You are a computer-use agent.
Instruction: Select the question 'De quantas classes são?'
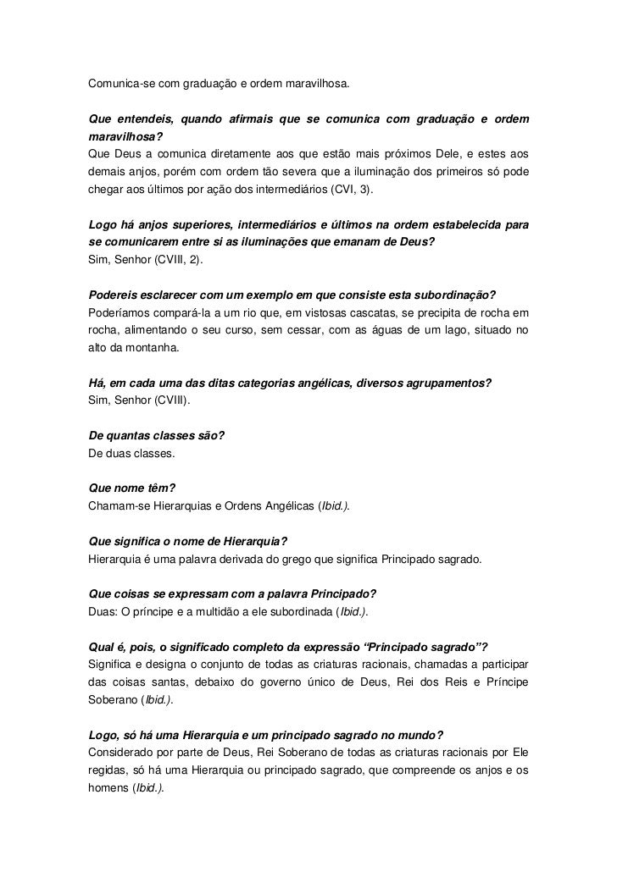(x=157, y=436)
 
